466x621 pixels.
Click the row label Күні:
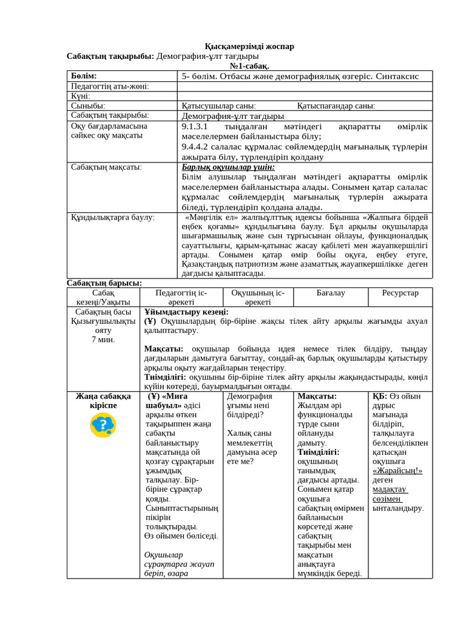[x=81, y=96]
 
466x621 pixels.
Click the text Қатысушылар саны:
[x=218, y=106]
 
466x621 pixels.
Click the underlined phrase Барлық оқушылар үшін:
[x=228, y=167]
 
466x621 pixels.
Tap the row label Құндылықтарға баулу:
[x=112, y=217]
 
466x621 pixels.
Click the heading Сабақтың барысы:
[x=104, y=283]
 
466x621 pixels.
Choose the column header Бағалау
[x=331, y=293]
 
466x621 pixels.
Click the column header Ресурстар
[x=400, y=293]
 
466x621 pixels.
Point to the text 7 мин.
[x=103, y=340]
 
